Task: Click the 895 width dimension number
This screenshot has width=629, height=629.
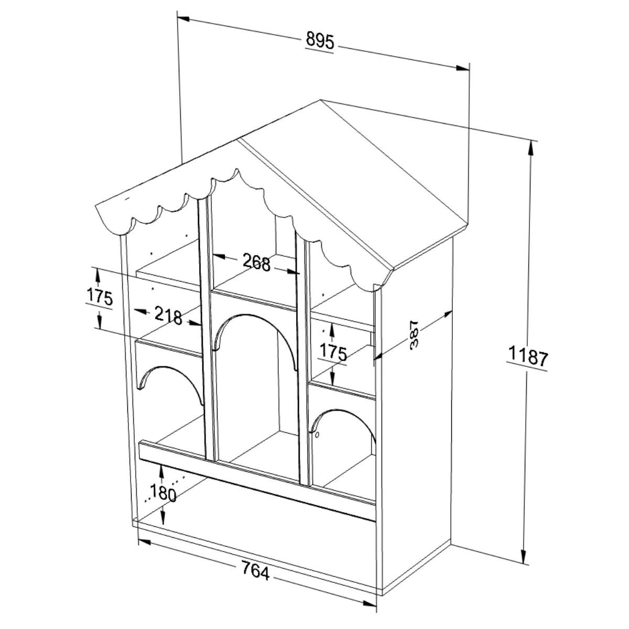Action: tap(320, 40)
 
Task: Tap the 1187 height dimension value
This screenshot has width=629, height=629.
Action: tap(528, 356)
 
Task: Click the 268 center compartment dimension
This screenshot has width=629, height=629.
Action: tap(256, 263)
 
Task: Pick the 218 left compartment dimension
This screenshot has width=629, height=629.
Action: tap(168, 316)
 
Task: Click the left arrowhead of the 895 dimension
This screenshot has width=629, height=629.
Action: tap(183, 18)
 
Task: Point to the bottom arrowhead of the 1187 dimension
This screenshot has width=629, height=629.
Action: tap(524, 556)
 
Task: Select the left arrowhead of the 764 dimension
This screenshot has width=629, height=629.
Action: tap(145, 542)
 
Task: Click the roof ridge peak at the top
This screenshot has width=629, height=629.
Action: tap(321, 100)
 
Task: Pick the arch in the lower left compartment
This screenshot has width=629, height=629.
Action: tap(170, 367)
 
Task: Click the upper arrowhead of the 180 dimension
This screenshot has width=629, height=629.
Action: tap(161, 472)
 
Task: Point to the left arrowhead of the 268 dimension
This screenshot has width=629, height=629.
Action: tap(219, 256)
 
